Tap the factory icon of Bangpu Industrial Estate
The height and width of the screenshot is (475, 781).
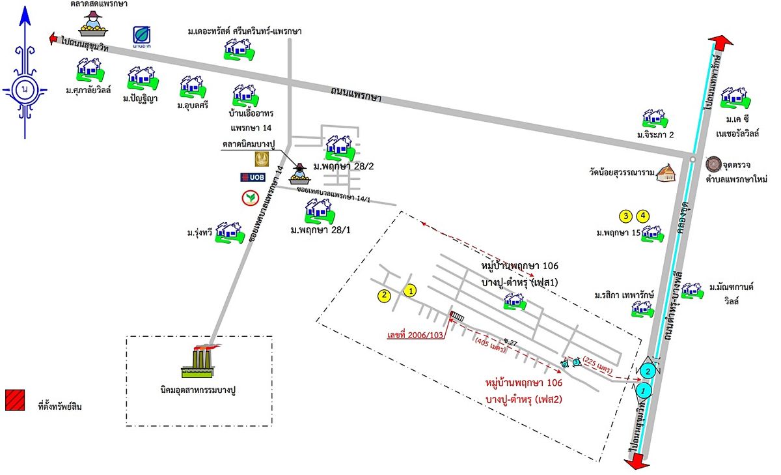pos(202,362)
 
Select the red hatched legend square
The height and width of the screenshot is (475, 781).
pos(15,400)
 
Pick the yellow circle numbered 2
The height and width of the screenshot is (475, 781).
pos(385,296)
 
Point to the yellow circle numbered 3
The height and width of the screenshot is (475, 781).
pos(625,215)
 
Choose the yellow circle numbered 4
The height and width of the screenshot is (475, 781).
pos(643,215)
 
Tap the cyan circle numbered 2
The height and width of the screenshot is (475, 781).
pos(648,371)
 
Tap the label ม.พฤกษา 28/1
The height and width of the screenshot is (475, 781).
pos(320,230)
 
